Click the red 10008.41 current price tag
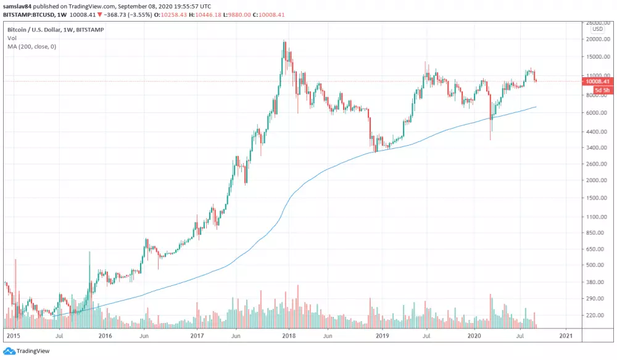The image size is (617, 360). (x=597, y=81)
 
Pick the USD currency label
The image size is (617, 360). (x=597, y=29)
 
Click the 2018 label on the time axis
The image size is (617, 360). (x=289, y=336)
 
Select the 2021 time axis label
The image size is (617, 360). (x=566, y=336)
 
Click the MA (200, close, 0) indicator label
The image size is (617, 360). (x=31, y=46)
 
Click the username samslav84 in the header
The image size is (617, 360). (x=18, y=5)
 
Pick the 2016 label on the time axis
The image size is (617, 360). (x=104, y=336)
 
